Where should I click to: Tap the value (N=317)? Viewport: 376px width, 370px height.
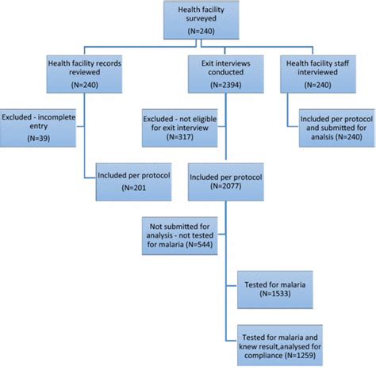tap(182, 136)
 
